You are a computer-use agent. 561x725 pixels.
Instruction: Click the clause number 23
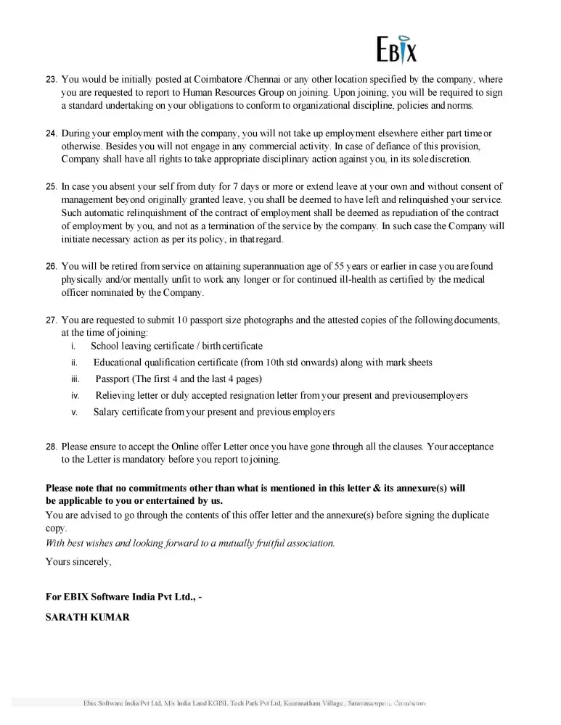51,80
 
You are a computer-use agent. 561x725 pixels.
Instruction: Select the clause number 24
51,134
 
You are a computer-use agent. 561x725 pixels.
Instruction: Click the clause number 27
51,320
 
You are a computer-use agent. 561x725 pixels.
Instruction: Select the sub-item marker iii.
75,379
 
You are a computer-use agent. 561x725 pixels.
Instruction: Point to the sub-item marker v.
74,413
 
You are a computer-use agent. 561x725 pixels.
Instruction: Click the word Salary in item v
107,413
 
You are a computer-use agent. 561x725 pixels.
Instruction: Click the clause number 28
51,447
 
